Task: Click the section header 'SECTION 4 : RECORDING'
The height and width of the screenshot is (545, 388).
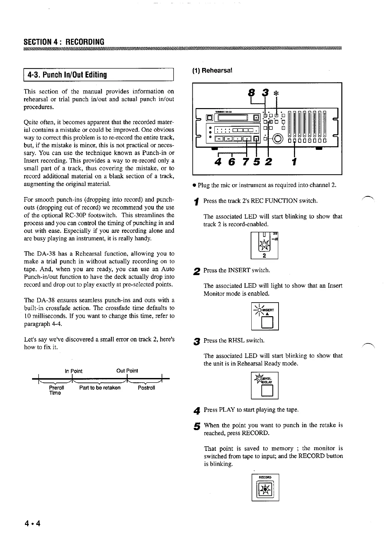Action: pos(64,42)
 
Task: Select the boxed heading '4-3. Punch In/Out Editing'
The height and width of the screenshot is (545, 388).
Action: pos(67,75)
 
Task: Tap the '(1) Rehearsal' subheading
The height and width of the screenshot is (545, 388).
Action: pos(212,70)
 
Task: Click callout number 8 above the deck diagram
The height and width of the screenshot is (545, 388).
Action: pos(250,93)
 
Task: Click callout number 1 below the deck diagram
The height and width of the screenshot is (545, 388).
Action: pos(294,161)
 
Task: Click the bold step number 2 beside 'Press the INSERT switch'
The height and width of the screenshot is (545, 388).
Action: pos(196,272)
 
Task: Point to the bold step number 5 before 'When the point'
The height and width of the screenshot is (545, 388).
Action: pos(196,427)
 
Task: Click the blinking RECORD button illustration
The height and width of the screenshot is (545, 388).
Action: pos(265,490)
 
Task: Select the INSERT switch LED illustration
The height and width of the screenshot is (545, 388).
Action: pos(265,316)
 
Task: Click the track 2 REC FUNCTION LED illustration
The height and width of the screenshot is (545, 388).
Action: pos(265,245)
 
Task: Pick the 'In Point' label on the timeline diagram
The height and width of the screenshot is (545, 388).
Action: pos(74,371)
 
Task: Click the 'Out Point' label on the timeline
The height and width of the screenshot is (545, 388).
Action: pos(127,371)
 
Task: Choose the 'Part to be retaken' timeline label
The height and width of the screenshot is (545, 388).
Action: pos(100,388)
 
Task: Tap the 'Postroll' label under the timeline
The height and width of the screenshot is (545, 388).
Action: pos(146,388)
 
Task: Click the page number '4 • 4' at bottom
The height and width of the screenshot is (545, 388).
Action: pos(32,523)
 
